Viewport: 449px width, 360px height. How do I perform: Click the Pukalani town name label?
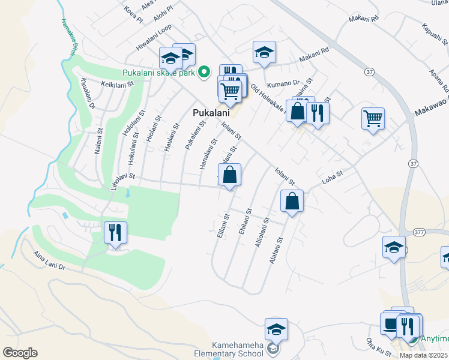click(209, 113)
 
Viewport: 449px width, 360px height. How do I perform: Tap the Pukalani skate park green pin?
click(204, 72)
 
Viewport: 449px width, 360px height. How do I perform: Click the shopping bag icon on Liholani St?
click(229, 175)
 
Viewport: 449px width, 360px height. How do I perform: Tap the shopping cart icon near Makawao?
click(373, 118)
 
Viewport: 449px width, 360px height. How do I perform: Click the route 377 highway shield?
click(419, 232)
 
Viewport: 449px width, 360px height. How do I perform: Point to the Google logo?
click(20, 353)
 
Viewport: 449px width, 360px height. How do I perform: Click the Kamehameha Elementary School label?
click(238, 349)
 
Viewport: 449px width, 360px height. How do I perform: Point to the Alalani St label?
click(279, 250)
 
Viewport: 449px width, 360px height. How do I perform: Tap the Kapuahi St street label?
click(435, 35)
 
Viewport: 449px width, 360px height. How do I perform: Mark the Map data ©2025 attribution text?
click(423, 355)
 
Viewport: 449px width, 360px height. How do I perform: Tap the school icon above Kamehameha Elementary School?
click(276, 329)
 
